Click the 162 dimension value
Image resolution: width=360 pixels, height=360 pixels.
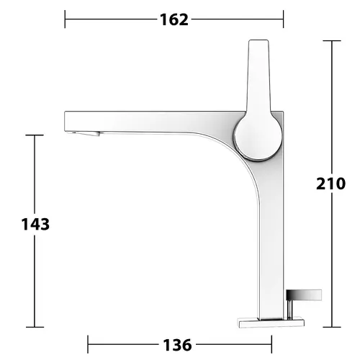point(174,19)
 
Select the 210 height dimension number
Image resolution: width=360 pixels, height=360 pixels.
point(330,184)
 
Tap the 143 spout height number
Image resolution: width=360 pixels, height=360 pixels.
point(35,224)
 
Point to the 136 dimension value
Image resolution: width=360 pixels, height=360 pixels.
point(177,345)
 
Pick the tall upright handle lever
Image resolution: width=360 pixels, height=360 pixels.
point(258,77)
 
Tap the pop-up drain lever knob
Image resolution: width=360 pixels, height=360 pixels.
point(304,295)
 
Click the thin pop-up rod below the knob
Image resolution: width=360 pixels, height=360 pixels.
point(289,310)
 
